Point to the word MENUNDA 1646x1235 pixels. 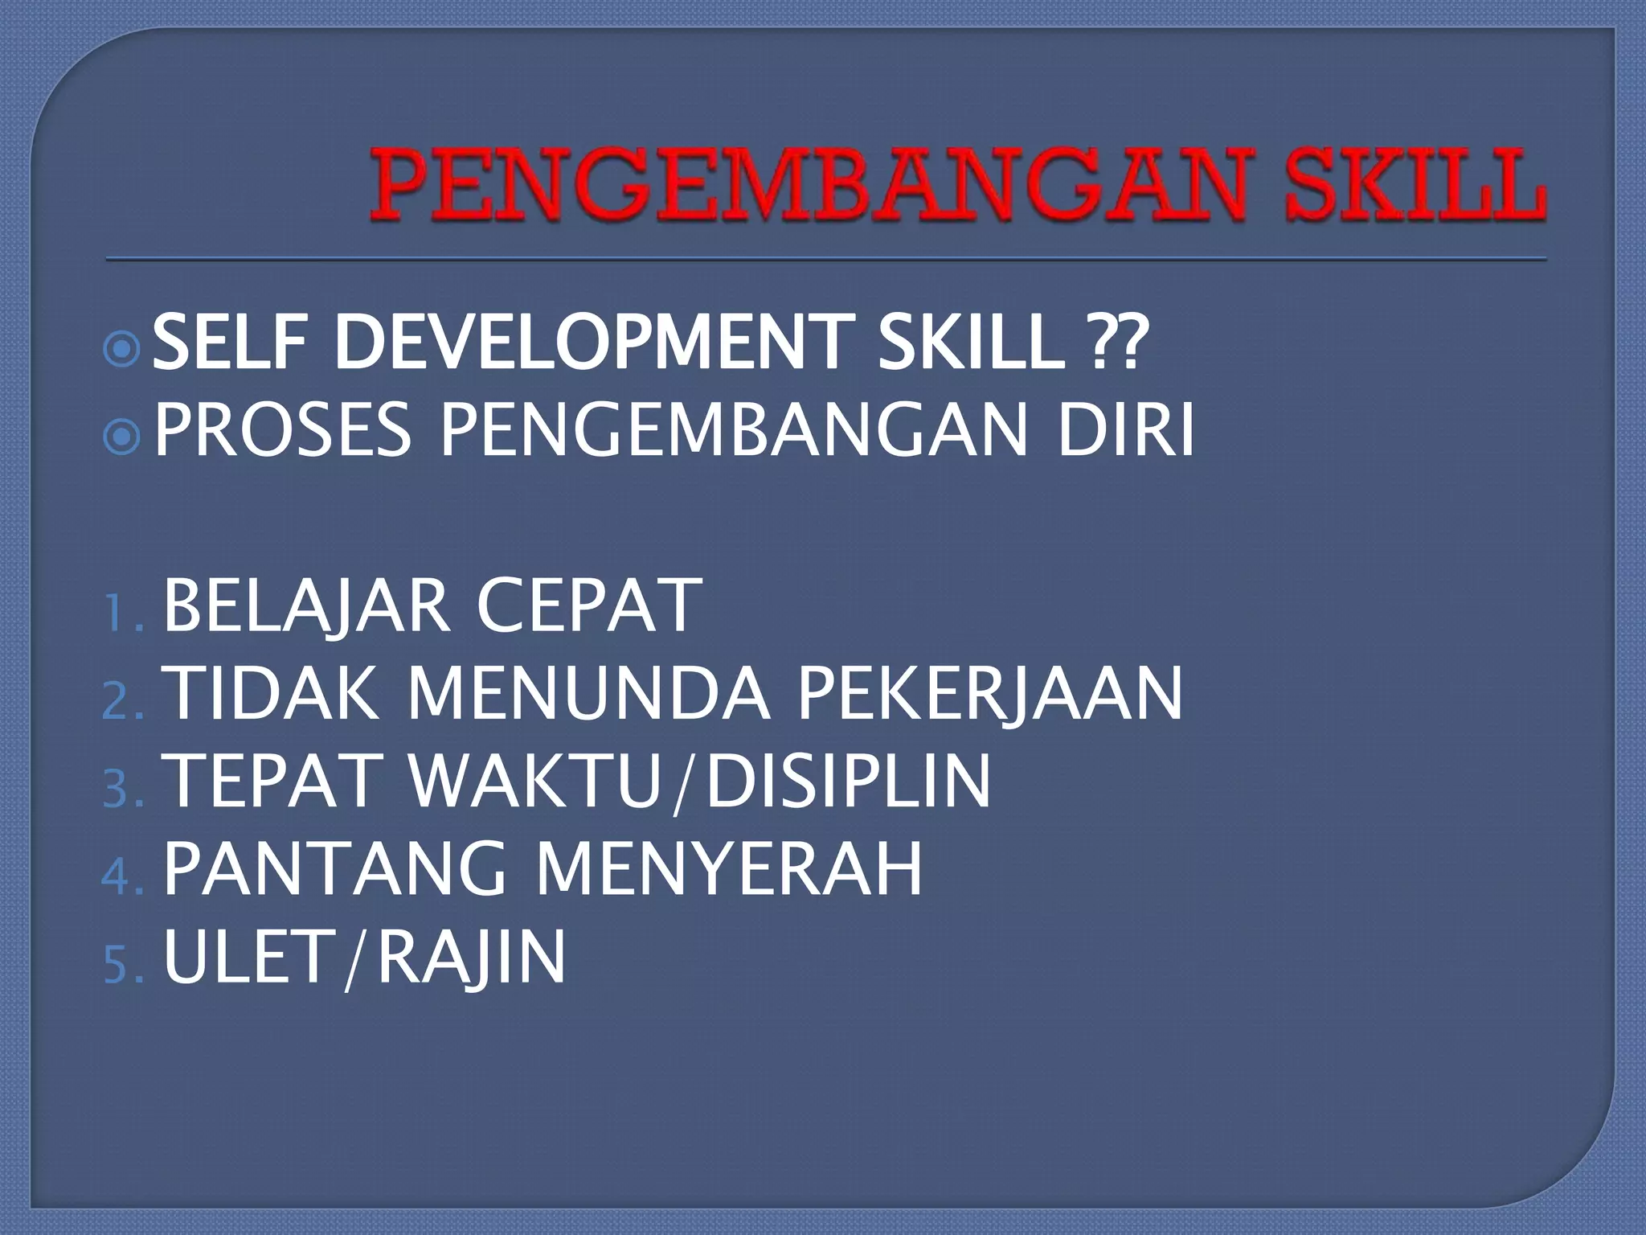[x=590, y=693]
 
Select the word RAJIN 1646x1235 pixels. [x=471, y=958]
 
